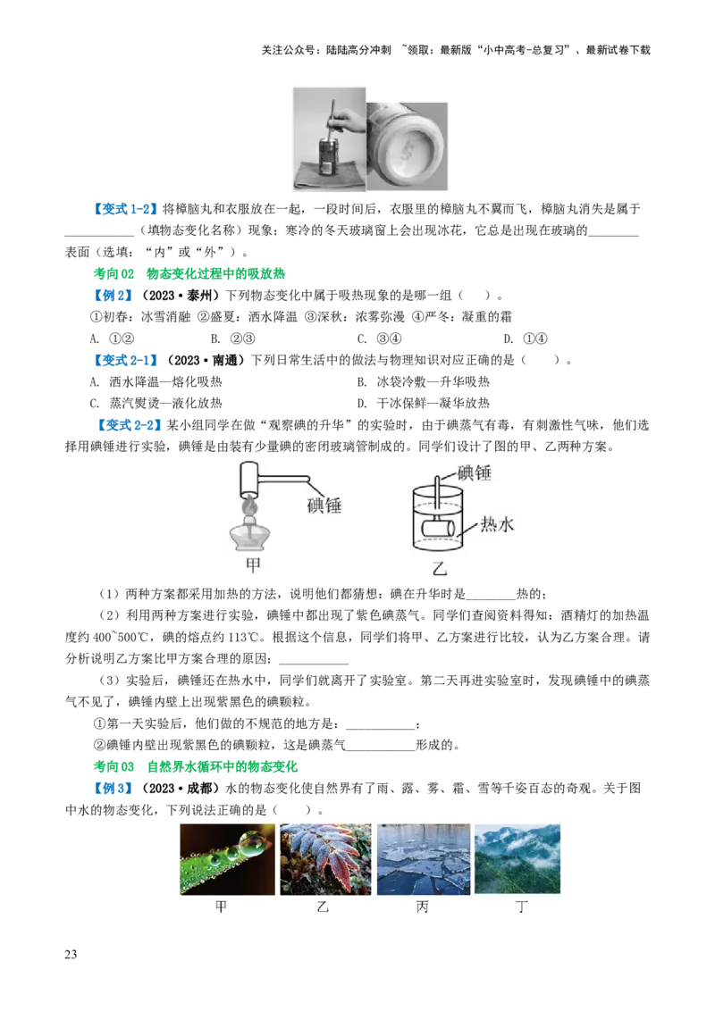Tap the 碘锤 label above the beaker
(x=475, y=473)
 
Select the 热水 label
(x=497, y=524)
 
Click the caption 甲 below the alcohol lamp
(x=253, y=565)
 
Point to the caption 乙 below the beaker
(x=439, y=566)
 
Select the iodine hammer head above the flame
(x=250, y=480)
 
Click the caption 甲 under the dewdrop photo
(x=222, y=905)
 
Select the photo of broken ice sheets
(x=421, y=859)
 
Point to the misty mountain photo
(x=517, y=859)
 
